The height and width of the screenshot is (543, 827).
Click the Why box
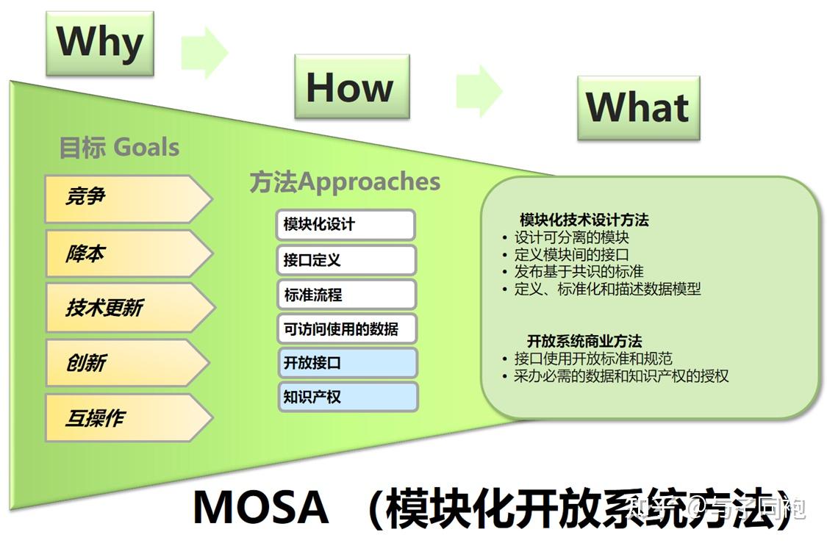tap(99, 43)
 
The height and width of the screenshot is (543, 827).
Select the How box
tap(351, 87)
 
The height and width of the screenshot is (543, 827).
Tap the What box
tap(637, 108)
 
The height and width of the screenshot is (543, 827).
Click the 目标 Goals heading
tap(119, 148)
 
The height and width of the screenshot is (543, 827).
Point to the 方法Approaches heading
tap(345, 182)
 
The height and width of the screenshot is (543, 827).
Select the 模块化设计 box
tap(346, 225)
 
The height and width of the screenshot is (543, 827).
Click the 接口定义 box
tap(346, 260)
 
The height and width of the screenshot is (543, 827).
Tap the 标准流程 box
tap(346, 295)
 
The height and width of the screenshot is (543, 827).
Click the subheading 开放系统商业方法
tap(584, 341)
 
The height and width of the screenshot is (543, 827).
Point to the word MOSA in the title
tap(260, 507)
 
